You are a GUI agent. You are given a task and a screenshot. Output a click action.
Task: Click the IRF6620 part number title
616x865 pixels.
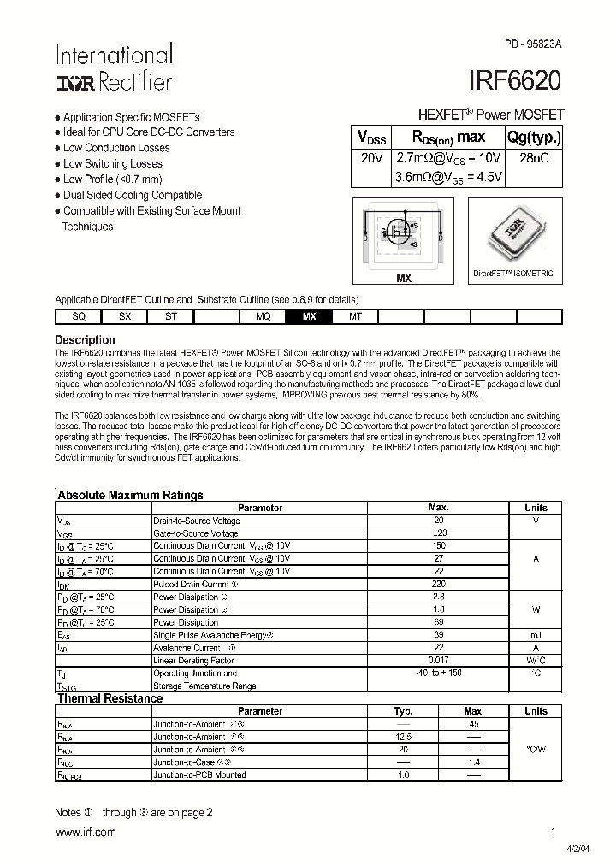coord(515,80)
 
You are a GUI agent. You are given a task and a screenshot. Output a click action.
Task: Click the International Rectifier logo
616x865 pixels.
coord(114,68)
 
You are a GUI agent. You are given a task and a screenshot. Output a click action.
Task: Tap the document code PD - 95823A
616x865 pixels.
coord(531,44)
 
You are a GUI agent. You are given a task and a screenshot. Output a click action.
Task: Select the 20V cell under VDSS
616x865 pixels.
coord(371,158)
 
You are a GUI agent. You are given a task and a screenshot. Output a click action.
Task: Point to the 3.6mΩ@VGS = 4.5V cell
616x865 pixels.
coord(447,177)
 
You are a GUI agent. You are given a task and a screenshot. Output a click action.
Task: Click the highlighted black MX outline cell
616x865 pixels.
coord(309,316)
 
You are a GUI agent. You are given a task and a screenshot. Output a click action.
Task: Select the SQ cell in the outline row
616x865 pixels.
coord(78,316)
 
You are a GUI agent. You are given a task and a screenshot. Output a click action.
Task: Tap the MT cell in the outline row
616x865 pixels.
coord(355,316)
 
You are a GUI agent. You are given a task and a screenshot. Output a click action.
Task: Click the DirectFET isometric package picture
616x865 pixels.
coord(513,233)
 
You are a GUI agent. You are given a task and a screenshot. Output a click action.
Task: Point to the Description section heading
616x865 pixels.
coord(85,339)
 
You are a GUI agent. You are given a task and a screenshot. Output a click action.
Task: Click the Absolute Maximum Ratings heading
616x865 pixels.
coord(130,495)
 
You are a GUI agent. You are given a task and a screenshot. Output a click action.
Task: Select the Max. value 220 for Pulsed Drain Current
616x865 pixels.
coord(439,585)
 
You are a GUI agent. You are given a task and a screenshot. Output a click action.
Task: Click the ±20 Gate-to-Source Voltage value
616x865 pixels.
coord(439,533)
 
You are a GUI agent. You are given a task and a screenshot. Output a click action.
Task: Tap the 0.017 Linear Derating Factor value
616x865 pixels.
coord(439,661)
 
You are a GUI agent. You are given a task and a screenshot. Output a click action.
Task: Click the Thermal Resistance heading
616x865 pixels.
coord(110,698)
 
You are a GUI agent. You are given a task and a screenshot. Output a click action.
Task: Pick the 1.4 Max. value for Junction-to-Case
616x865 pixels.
coord(473,761)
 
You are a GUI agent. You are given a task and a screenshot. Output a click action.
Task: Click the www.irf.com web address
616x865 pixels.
coord(85,833)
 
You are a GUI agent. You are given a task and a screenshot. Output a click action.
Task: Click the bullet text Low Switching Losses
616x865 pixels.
coord(112,163)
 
